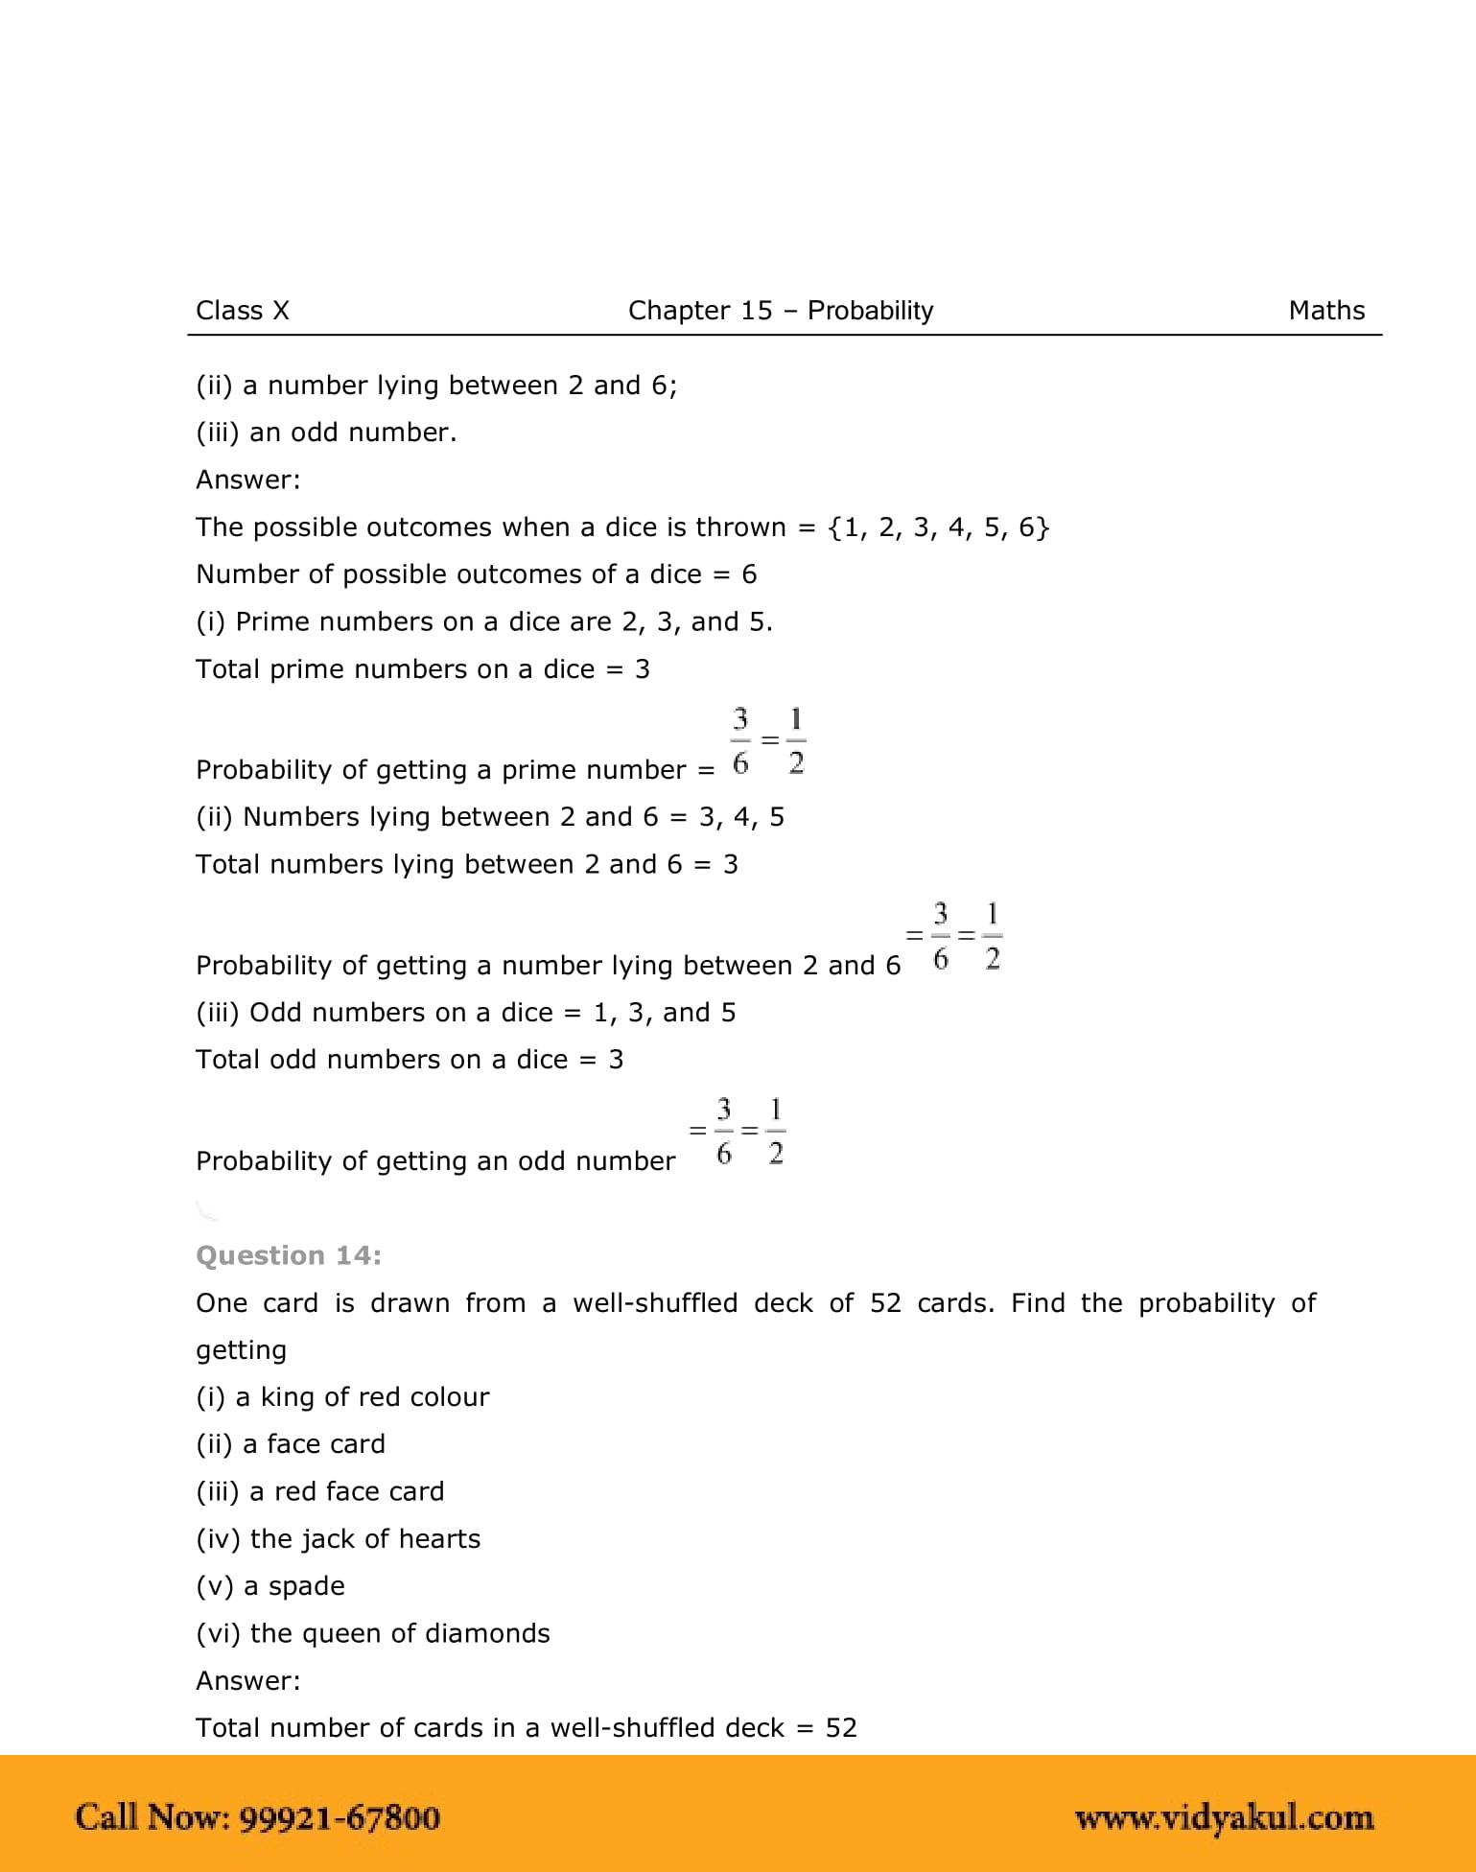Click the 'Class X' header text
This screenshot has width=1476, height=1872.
pyautogui.click(x=242, y=311)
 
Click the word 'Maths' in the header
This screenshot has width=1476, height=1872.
pyautogui.click(x=1325, y=311)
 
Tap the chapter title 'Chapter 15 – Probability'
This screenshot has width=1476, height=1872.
pyautogui.click(x=780, y=311)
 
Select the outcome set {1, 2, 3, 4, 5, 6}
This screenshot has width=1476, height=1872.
pyautogui.click(x=939, y=527)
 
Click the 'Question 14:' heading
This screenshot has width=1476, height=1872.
pyautogui.click(x=288, y=1255)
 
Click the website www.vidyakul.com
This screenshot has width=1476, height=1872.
pyautogui.click(x=1224, y=1817)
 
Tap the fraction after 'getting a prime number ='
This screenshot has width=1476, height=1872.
pyautogui.click(x=767, y=741)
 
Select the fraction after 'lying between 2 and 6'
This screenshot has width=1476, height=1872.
pyautogui.click(x=955, y=936)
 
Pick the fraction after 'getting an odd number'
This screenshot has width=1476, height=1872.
pyautogui.click(x=738, y=1132)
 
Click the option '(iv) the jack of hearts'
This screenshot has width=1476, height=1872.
pyautogui.click(x=338, y=1538)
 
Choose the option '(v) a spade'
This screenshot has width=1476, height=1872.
pyautogui.click(x=269, y=1585)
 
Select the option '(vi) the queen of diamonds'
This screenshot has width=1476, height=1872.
pyautogui.click(x=372, y=1633)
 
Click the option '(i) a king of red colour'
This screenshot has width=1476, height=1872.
pyautogui.click(x=341, y=1396)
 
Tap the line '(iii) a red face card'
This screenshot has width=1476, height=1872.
pyautogui.click(x=319, y=1491)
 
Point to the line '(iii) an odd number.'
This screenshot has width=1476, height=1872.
pyautogui.click(x=326, y=433)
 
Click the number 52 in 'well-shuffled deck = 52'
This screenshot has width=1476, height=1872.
pyautogui.click(x=841, y=1727)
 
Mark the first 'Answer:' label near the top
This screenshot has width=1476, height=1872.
pyautogui.click(x=247, y=480)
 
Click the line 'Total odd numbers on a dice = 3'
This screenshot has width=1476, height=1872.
pyautogui.click(x=409, y=1060)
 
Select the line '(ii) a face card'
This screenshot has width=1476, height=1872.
pyautogui.click(x=290, y=1444)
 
